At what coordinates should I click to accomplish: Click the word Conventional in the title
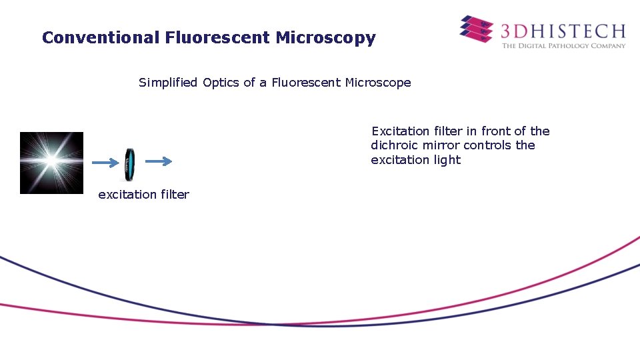tap(99, 38)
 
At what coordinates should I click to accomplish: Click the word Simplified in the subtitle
tap(168, 83)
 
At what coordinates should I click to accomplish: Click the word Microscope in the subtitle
tap(378, 83)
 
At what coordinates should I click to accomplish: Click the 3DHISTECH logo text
tap(563, 31)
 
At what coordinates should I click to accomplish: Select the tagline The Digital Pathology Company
tap(563, 46)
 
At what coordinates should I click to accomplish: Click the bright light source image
tap(51, 163)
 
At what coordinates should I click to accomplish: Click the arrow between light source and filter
tap(104, 162)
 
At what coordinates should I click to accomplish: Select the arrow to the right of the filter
tap(159, 161)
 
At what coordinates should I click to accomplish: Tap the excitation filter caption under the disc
tap(143, 195)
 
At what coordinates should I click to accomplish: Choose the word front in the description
tap(495, 131)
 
